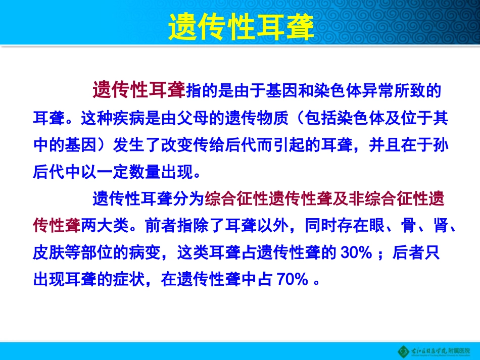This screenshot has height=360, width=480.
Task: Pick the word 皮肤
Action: coord(48,253)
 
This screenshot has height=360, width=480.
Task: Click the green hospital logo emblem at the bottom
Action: coord(403,350)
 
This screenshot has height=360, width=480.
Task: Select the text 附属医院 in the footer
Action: coord(459,350)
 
